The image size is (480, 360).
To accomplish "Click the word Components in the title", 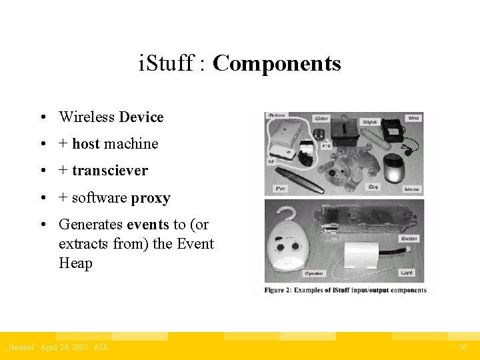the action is tap(277, 64).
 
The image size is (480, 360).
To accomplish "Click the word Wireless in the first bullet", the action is tap(87, 117).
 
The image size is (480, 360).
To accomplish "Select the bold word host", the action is tap(86, 144).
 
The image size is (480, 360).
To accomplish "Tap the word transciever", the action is tap(110, 171).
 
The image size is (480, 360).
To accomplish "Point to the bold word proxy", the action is tap(151, 198).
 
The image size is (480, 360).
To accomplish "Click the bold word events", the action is tap(147, 225).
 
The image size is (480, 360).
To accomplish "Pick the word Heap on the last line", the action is tap(75, 263).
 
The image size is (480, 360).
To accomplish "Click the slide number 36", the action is tap(463, 347).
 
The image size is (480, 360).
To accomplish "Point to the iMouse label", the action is tap(411, 189).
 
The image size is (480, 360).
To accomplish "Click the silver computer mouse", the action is tap(395, 168).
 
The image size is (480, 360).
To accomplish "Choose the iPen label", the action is tap(281, 189).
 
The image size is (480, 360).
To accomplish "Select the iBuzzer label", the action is tap(409, 238).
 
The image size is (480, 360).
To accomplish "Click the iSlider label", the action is tap(321, 118).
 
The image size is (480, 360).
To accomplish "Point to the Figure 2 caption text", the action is tap(345, 290).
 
